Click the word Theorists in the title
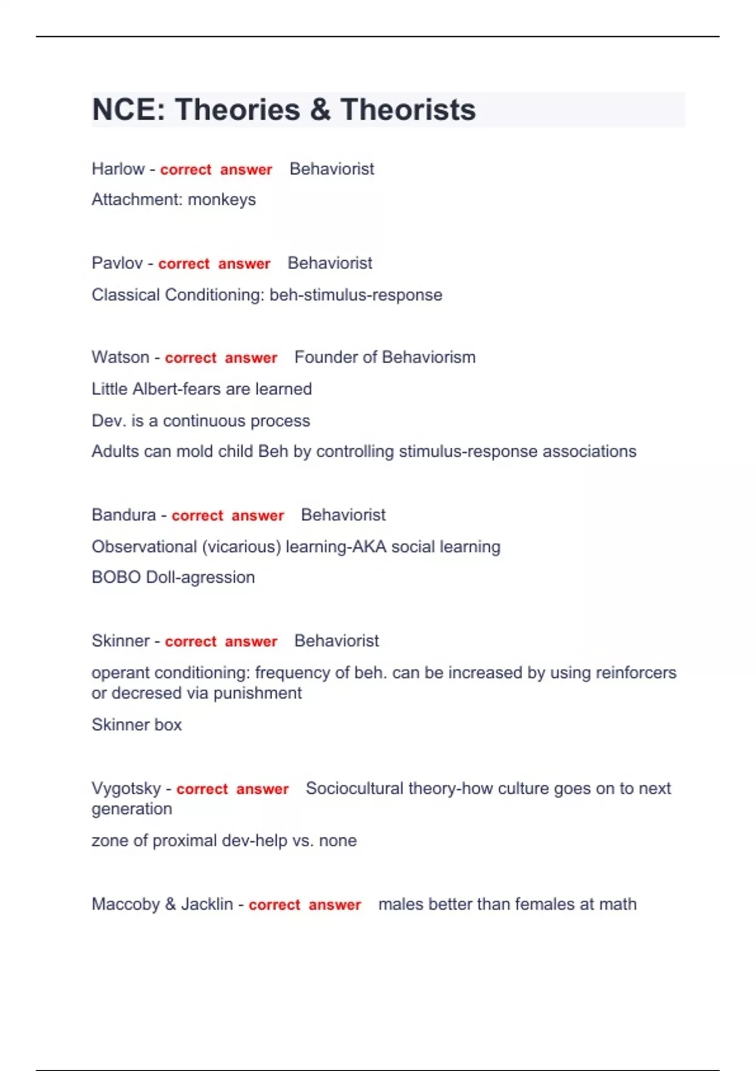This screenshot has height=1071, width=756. click(x=408, y=110)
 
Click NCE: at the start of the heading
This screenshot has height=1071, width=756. click(x=129, y=110)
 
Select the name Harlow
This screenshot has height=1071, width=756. click(x=118, y=169)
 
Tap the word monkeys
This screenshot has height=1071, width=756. click(x=222, y=200)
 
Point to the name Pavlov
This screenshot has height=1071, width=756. click(x=117, y=263)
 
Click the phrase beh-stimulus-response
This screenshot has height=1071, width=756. click(x=356, y=295)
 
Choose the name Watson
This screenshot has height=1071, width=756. click(x=120, y=357)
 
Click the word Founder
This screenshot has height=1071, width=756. click(x=324, y=357)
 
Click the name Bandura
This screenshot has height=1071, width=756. click(x=123, y=515)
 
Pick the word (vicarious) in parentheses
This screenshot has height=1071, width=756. click(x=241, y=546)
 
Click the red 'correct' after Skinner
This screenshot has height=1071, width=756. click(x=190, y=641)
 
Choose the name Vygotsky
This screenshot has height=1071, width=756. click(x=126, y=789)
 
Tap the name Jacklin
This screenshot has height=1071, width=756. click(x=207, y=904)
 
